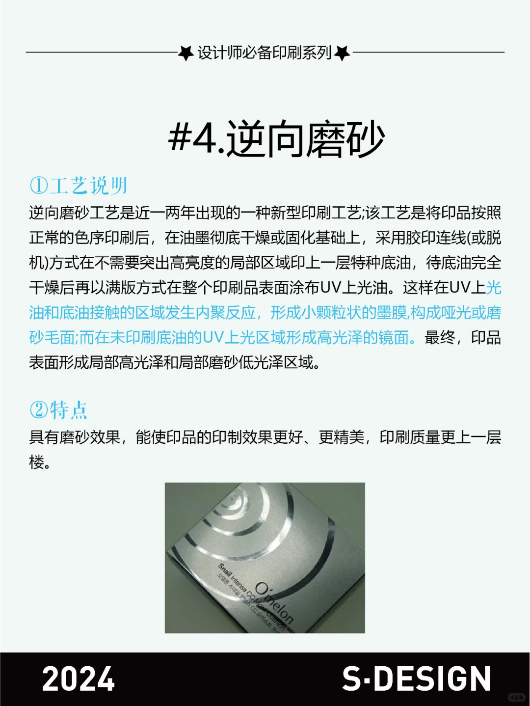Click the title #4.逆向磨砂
tap(276, 140)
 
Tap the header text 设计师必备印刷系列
tap(265, 53)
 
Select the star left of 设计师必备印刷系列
tap(185, 53)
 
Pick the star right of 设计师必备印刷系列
tap(342, 53)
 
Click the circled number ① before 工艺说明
tap(38, 186)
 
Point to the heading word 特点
tap(69, 410)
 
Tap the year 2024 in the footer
tap(79, 679)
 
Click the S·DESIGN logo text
tap(417, 679)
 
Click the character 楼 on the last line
tap(37, 462)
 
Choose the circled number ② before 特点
tap(38, 410)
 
